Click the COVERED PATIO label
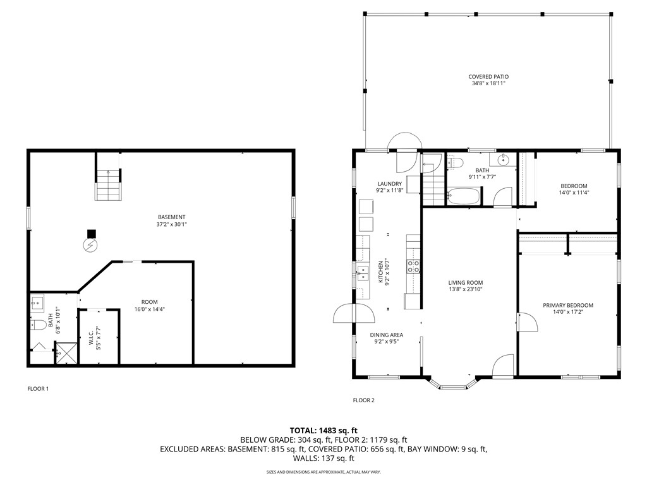[488, 77]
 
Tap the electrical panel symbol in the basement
[91, 244]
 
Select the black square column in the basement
[91, 232]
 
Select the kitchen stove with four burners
[414, 266]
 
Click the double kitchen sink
[363, 273]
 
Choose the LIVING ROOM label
[466, 283]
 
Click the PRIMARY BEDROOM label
[568, 306]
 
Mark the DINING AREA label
[387, 335]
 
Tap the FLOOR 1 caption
[38, 389]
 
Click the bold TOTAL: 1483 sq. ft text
[323, 430]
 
